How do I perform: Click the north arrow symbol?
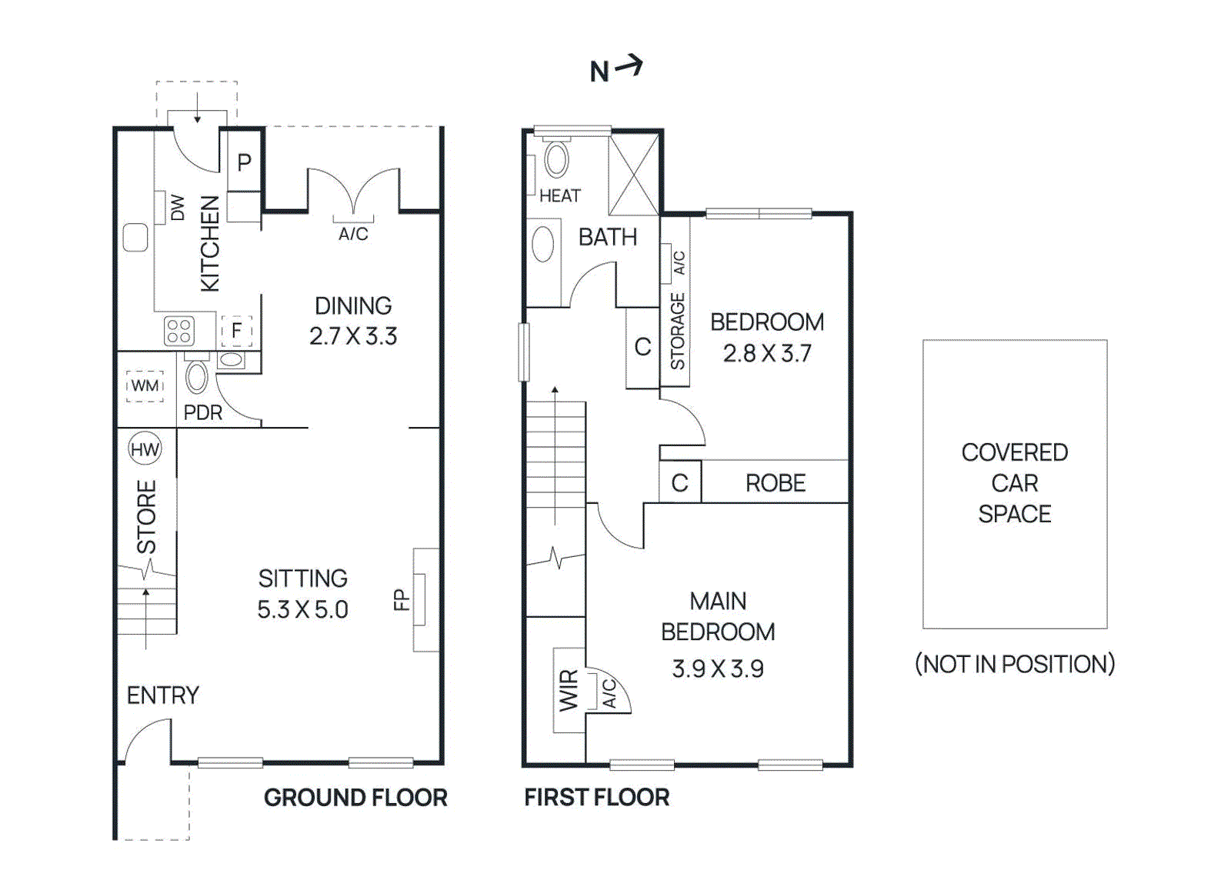point(629,66)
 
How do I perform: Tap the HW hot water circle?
point(145,450)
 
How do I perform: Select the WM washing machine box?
point(145,385)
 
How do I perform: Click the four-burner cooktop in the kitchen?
point(178,332)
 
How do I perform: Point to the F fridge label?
point(236,331)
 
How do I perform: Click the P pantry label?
point(244,162)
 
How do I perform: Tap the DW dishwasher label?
point(178,207)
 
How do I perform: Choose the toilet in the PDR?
point(197,377)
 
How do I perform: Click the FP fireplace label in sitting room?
point(400,599)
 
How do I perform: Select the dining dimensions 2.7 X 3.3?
point(353,336)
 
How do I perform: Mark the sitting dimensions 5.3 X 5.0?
point(302,609)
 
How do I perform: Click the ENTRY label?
point(162,695)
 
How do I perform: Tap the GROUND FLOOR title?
point(355,798)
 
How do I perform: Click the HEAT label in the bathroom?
point(559,196)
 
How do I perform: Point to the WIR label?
point(568,690)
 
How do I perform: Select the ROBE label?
point(775,483)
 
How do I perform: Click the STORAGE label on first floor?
point(677,331)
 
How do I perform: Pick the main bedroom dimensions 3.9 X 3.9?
point(717,668)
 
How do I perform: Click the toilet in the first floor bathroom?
point(556,159)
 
